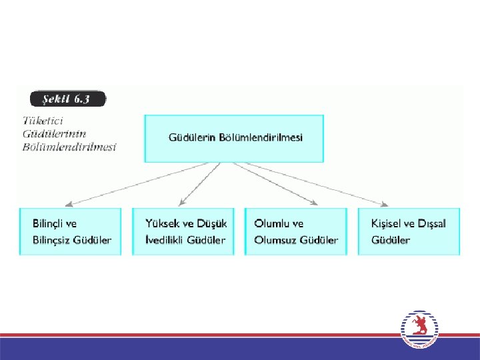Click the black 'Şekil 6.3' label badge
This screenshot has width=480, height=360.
(67, 99)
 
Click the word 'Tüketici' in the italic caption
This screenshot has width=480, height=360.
(43, 121)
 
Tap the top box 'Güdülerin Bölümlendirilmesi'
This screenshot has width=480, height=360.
(234, 139)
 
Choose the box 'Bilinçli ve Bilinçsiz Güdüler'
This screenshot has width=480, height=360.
(71, 231)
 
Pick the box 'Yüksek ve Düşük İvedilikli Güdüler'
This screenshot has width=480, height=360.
(184, 231)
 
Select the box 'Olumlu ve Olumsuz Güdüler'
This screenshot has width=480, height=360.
(296, 231)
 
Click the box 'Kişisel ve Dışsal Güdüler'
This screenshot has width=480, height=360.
(409, 231)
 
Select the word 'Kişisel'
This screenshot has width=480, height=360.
(388, 223)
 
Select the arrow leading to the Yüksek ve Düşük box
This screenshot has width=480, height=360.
(200, 183)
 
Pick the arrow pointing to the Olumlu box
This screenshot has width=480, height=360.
(277, 183)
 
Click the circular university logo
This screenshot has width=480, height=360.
(421, 330)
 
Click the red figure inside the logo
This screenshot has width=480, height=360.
(420, 327)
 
